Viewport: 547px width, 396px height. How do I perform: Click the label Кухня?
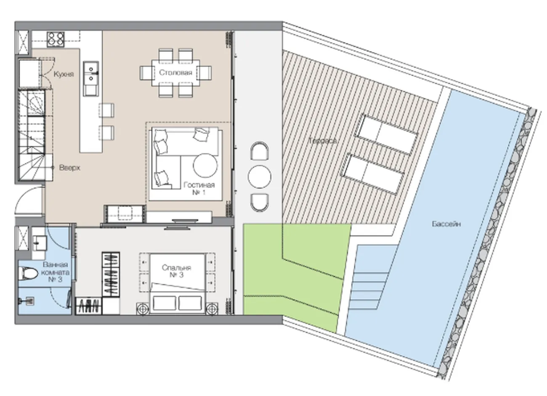[x=64, y=74]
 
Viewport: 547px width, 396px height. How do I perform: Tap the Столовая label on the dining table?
[x=175, y=72]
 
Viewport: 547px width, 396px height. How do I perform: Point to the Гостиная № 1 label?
[x=199, y=188]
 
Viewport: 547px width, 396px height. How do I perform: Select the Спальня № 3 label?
[x=176, y=271]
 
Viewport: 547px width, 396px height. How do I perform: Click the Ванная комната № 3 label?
[x=56, y=272]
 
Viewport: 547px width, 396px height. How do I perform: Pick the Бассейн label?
[x=446, y=224]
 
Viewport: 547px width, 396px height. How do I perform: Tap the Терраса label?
[x=323, y=141]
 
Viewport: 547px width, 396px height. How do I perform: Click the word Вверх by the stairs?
[x=69, y=168]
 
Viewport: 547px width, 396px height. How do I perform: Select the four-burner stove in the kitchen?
[x=56, y=39]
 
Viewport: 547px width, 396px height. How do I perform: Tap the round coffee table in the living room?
[x=205, y=165]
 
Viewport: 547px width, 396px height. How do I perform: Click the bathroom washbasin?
[x=39, y=243]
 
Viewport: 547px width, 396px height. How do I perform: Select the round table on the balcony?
[x=259, y=177]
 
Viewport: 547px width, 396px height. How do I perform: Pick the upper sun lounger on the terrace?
[x=386, y=134]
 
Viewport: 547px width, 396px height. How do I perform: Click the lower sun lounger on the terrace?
[x=374, y=174]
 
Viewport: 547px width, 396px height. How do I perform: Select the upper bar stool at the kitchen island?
[x=106, y=110]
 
